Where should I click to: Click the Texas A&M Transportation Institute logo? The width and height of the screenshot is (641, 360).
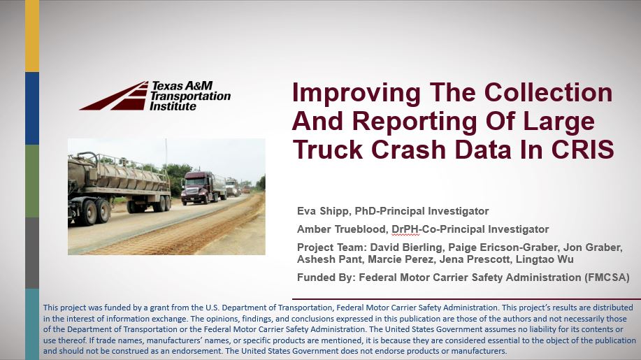155,96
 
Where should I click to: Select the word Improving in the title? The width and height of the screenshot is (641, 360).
356,94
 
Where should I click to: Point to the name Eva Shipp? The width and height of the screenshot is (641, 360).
322,211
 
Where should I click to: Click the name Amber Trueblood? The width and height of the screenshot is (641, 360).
341,229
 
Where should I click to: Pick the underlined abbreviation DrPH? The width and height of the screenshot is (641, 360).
405,230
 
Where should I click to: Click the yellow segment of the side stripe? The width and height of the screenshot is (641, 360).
32,36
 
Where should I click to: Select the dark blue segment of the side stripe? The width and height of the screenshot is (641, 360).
32,108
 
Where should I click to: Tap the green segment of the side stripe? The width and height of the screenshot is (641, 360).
32,181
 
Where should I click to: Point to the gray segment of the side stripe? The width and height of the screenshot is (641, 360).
32,253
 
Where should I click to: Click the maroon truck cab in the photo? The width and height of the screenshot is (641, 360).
196,187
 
